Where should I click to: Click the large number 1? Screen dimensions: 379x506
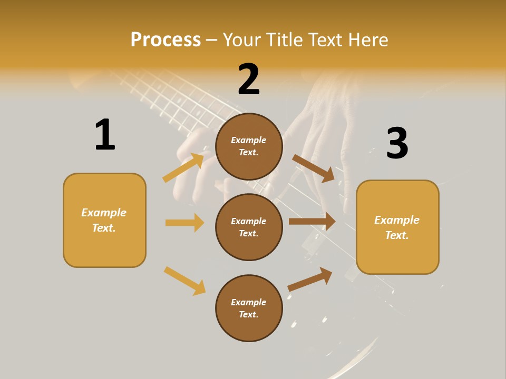[105, 135]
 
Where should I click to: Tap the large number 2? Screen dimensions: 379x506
[249, 79]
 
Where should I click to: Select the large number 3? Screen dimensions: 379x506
[397, 143]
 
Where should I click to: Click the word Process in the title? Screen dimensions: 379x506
[166, 39]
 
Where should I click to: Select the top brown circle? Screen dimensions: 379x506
[249, 146]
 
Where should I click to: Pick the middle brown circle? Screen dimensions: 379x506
[249, 227]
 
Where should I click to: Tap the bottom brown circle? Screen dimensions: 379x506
[249, 308]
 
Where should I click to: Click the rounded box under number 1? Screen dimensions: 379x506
[104, 220]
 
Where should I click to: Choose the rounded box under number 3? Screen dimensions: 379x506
[397, 227]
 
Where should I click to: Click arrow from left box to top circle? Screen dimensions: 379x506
[183, 168]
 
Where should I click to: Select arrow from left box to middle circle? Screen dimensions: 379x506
[184, 223]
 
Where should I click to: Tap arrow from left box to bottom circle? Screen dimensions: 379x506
[184, 281]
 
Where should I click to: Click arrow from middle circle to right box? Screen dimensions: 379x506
[312, 222]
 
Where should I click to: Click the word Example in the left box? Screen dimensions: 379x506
[104, 213]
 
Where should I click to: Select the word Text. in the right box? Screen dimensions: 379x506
[397, 235]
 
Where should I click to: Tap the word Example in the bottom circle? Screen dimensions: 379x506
[248, 302]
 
